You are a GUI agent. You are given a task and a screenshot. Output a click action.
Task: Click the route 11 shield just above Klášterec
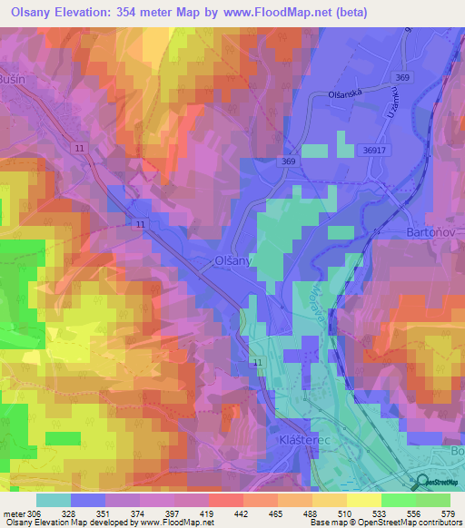258,363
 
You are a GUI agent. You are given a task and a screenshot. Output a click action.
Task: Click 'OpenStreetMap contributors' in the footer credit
415,523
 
